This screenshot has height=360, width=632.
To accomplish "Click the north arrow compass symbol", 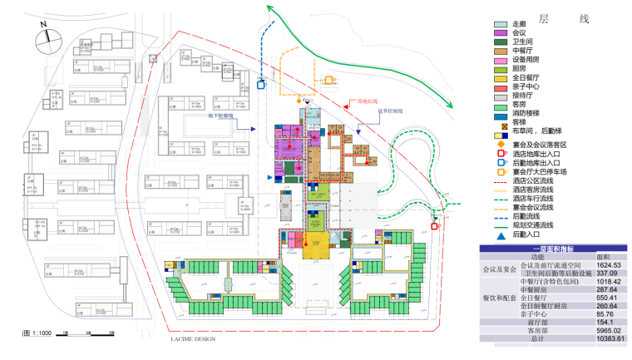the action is point(43,38).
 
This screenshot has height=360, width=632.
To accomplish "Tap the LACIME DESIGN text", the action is point(193,339).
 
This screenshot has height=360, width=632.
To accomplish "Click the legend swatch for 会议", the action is point(501,32).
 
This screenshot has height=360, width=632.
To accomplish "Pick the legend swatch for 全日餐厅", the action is point(501,78).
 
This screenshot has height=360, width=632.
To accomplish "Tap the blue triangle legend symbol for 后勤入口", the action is point(501,236).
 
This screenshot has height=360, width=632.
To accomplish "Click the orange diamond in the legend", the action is point(501,145).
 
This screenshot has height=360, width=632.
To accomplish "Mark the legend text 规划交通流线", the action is point(531,227).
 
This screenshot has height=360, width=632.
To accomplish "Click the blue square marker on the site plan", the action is point(261,83).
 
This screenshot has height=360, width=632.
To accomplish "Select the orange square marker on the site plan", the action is point(329,81).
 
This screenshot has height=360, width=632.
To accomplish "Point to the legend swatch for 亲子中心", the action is point(501,87).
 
